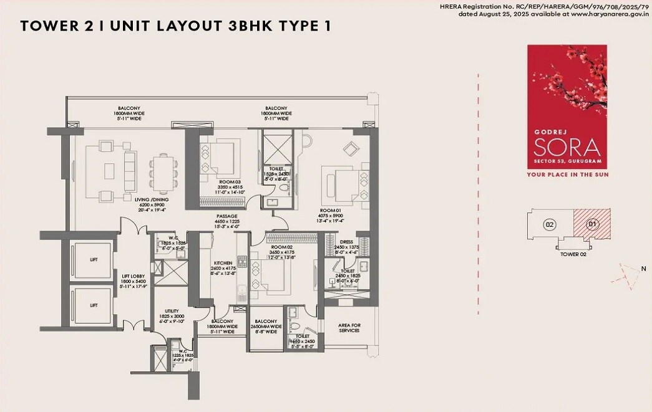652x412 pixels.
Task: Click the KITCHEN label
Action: click(223, 262)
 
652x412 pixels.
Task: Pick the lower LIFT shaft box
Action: click(93, 305)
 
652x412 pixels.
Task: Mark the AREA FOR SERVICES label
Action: click(349, 327)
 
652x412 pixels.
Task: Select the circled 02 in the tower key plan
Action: click(550, 224)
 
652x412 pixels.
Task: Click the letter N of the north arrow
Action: click(643, 269)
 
